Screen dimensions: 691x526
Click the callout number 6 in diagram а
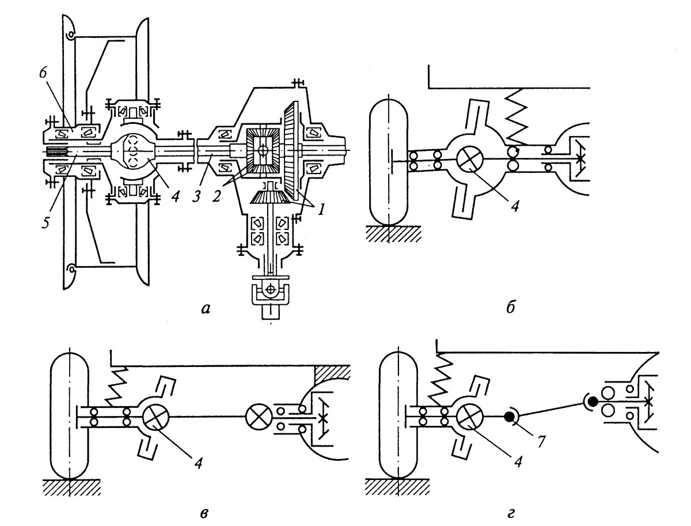pos(43,73)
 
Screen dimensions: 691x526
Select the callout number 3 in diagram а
pos(197,196)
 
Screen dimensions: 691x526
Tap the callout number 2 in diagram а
pos(217,196)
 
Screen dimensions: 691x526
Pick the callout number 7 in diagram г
pos(540,441)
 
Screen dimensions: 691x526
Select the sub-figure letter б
pos(511,307)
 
